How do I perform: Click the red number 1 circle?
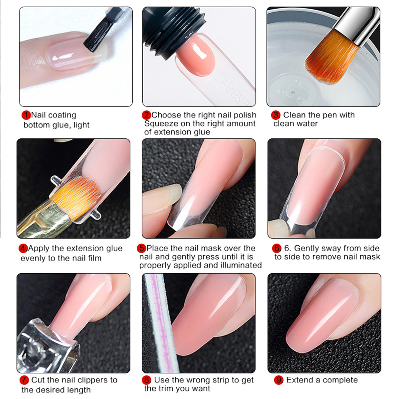[26, 115]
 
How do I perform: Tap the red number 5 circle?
[142, 248]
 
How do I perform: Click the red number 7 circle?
[24, 380]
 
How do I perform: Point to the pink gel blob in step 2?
[195, 54]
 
